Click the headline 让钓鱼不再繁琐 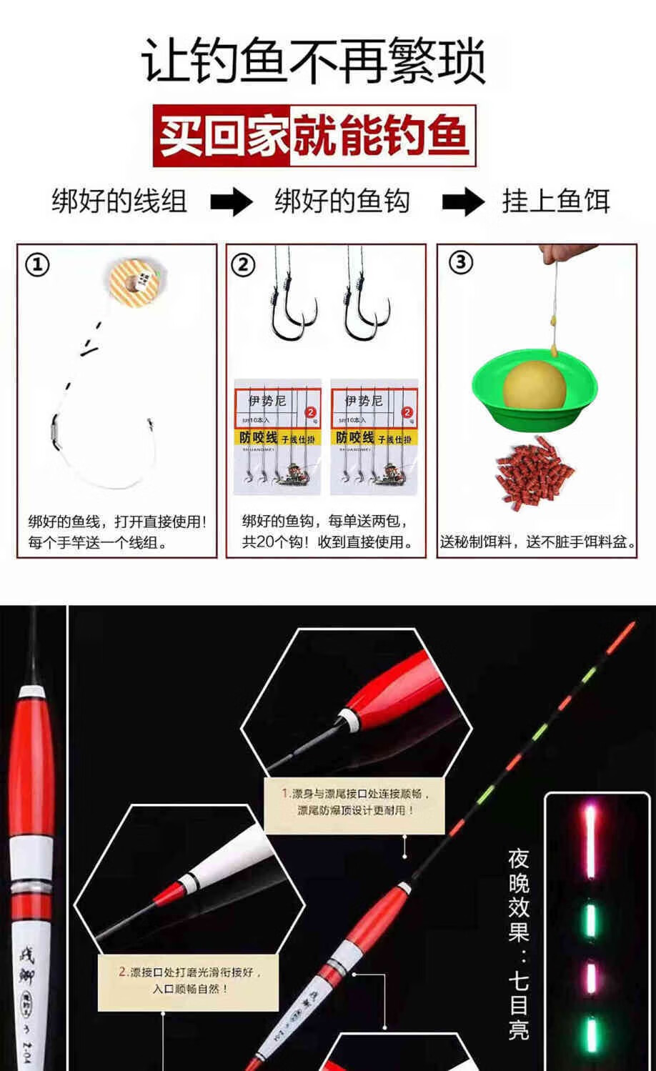tap(314, 62)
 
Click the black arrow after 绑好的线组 tap(232, 202)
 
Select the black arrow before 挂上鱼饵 tap(462, 202)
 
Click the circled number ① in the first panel tap(37, 265)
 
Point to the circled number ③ tap(460, 262)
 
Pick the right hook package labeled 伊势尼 tap(374, 437)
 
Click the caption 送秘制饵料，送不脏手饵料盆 tap(537, 542)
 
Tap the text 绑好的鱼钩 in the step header tap(342, 201)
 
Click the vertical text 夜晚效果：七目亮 tap(518, 943)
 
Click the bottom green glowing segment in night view tap(591, 1035)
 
